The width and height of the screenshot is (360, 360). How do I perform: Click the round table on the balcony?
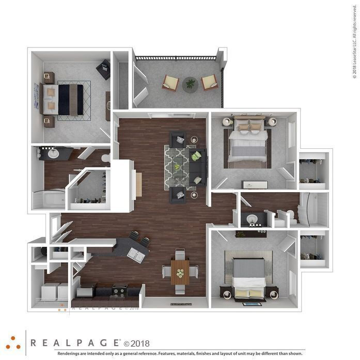pos(190,84)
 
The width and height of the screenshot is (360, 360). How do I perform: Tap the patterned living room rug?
pos(178,166)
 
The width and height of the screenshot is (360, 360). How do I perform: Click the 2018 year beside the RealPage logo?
pos(139,342)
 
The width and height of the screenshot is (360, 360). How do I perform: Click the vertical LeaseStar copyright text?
pos(355,46)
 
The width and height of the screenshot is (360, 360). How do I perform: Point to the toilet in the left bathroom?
pos(106,158)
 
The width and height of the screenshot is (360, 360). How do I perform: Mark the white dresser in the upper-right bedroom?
pos(255,184)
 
